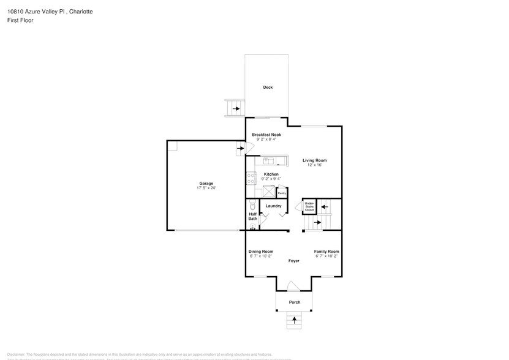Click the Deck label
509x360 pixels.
pyautogui.click(x=268, y=88)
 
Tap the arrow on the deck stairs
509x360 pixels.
pyautogui.click(x=236, y=108)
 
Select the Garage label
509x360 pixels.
pyautogui.click(x=206, y=183)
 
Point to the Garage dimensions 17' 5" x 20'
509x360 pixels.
pyautogui.click(x=206, y=188)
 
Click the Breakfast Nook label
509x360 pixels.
pyautogui.click(x=266, y=134)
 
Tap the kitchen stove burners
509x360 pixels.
pyautogui.click(x=251, y=179)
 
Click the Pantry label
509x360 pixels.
pyautogui.click(x=282, y=193)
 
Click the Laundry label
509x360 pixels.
pyautogui.click(x=273, y=206)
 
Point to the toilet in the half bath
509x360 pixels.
pyautogui.click(x=252, y=206)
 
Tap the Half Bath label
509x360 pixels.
pyautogui.click(x=252, y=216)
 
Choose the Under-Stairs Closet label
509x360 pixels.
pyautogui.click(x=309, y=206)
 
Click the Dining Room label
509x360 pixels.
pyautogui.click(x=261, y=252)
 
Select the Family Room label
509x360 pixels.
pyautogui.click(x=326, y=252)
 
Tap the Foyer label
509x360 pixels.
pyautogui.click(x=294, y=261)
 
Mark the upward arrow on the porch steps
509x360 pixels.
pyautogui.click(x=295, y=320)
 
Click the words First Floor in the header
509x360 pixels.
pyautogui.click(x=21, y=20)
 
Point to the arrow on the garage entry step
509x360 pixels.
pyautogui.click(x=239, y=148)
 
